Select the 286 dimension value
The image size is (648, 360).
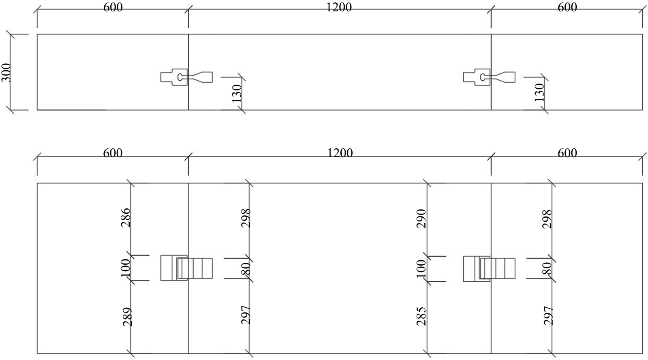coord(126,218)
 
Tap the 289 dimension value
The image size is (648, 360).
coord(127,317)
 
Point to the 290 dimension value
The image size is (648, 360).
coord(421,219)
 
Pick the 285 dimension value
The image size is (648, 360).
coord(421,316)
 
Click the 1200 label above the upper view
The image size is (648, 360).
coord(339,7)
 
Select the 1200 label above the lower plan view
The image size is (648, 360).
coord(340,153)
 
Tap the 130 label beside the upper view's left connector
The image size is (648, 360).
coord(237,94)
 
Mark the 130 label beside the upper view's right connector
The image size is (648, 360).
coord(539,92)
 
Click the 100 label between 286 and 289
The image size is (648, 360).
coord(126,268)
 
